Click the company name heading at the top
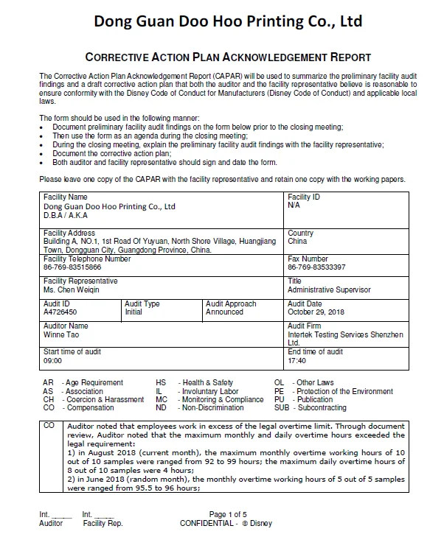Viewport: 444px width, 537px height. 228,21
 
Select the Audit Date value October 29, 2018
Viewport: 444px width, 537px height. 316,312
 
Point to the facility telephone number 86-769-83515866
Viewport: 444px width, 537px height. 72,267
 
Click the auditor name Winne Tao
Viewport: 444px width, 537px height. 62,334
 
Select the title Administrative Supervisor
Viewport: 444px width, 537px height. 329,289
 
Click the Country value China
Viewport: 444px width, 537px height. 297,241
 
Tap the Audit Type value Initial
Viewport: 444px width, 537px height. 133,312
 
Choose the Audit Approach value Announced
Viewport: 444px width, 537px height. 224,312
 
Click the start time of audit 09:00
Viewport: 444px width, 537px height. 53,361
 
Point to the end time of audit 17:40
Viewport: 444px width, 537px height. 296,361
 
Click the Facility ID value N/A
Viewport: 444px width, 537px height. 294,206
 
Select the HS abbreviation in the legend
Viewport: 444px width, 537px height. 161,383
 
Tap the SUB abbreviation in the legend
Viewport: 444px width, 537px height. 281,407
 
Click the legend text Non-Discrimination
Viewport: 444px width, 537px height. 212,407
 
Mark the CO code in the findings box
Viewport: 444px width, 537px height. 49,426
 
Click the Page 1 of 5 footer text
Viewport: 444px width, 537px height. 228,514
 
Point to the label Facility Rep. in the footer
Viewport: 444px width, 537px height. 102,523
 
